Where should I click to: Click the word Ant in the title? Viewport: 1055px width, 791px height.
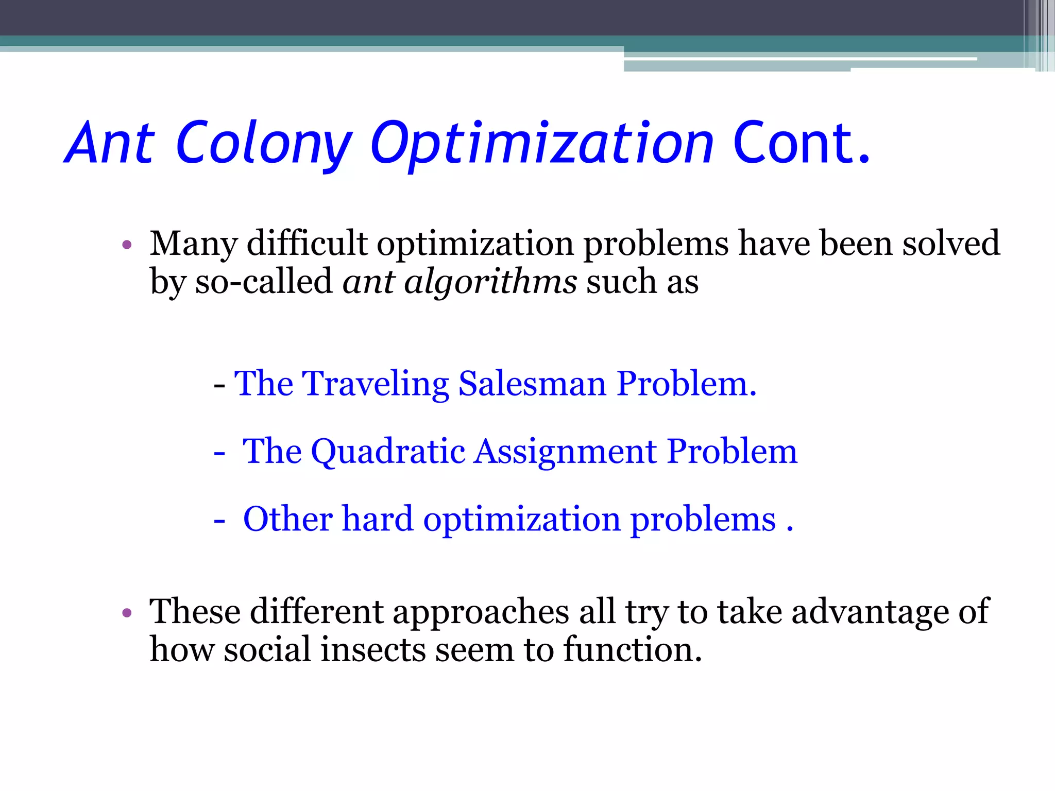pos(109,143)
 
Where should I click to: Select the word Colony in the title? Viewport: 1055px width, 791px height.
pos(263,144)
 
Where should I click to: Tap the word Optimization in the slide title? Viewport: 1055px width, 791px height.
pos(542,144)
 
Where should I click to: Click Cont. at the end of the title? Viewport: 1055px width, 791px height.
pos(801,143)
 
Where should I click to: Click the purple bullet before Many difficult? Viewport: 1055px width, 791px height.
pos(127,245)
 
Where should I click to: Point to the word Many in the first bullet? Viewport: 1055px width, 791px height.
pos(193,244)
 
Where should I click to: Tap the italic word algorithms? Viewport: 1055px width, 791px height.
pos(490,282)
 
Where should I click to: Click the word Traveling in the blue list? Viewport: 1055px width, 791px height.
pos(376,384)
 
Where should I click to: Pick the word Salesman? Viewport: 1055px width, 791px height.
pos(532,384)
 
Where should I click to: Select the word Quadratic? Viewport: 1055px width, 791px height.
pos(388,452)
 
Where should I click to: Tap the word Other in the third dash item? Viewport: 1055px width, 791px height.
pos(287,519)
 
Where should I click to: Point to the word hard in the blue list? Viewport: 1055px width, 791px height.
pos(378,519)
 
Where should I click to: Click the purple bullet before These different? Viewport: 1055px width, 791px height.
pos(127,613)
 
